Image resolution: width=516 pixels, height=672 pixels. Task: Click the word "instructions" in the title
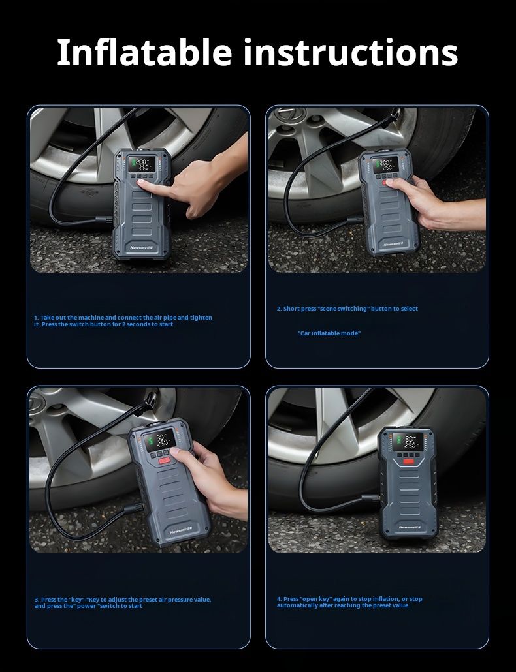[x=351, y=52]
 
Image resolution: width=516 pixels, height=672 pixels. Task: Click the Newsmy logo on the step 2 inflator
[x=393, y=242]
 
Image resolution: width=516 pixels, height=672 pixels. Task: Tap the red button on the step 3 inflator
[x=164, y=460]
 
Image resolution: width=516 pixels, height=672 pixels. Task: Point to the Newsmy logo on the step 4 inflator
[x=411, y=526]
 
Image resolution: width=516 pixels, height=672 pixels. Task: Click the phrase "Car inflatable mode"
[x=329, y=333]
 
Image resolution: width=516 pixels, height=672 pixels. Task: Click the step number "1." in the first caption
[x=37, y=318]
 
